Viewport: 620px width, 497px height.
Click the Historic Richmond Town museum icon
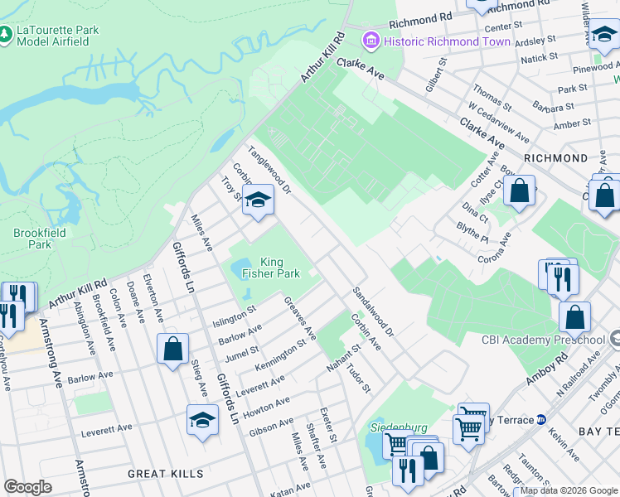point(371,41)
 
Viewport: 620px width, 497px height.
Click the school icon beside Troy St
point(259,200)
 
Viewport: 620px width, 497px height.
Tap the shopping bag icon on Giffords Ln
point(173,348)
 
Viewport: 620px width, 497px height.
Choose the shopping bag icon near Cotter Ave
point(519,191)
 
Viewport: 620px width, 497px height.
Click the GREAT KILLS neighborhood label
point(166,474)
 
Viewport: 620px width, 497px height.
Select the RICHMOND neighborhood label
point(555,157)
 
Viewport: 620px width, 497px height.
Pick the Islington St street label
point(235,317)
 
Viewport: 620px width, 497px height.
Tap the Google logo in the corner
point(27,487)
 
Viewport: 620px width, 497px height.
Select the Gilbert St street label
point(437,74)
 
